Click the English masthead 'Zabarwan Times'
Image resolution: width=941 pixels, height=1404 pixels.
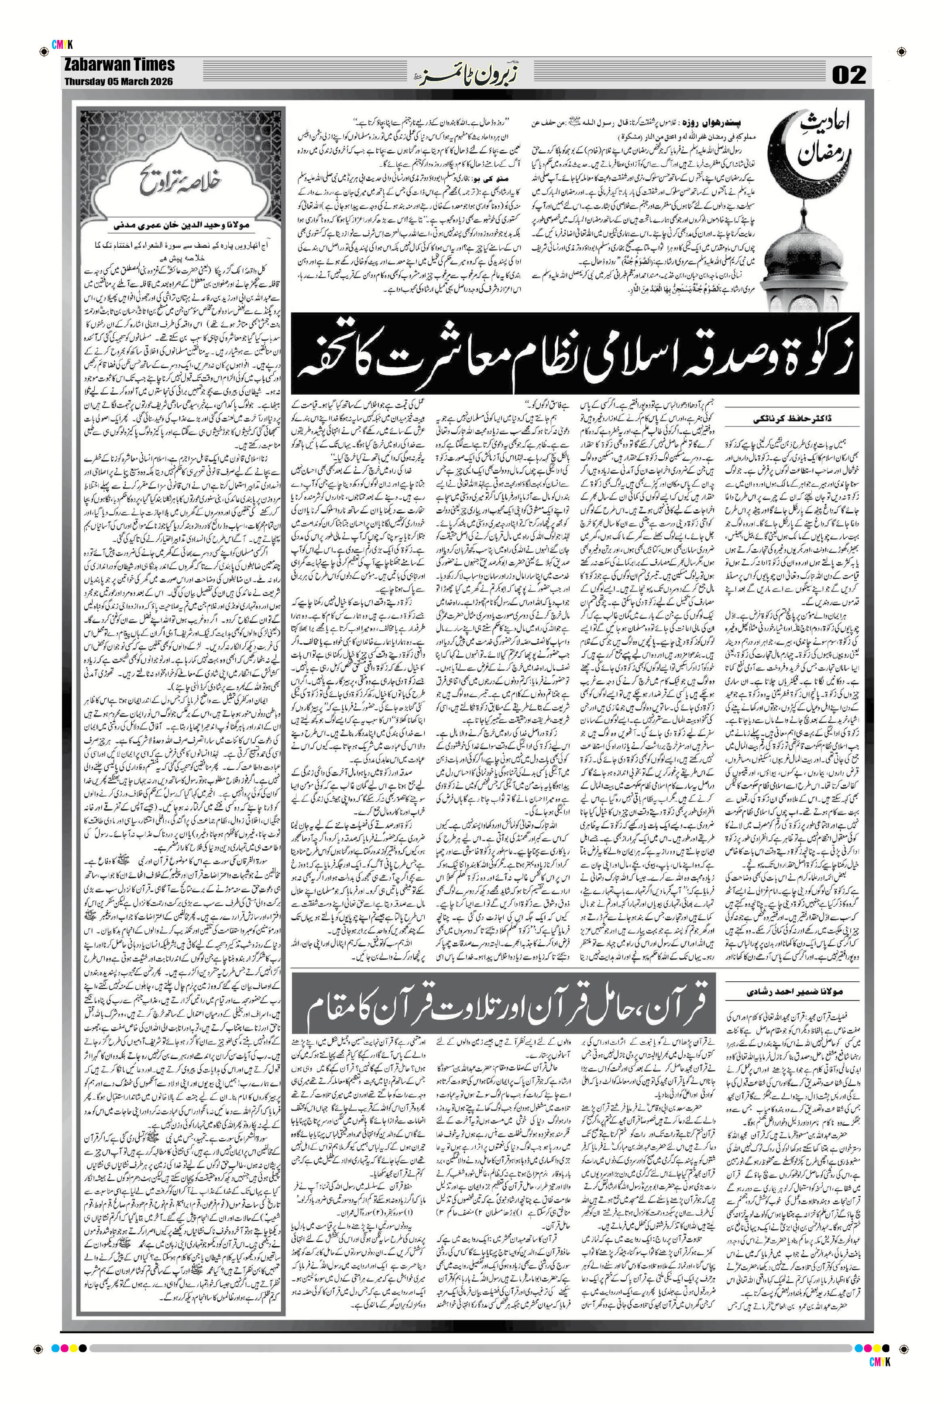pyautogui.click(x=120, y=65)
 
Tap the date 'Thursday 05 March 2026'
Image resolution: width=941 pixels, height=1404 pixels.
pyautogui.click(x=119, y=81)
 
